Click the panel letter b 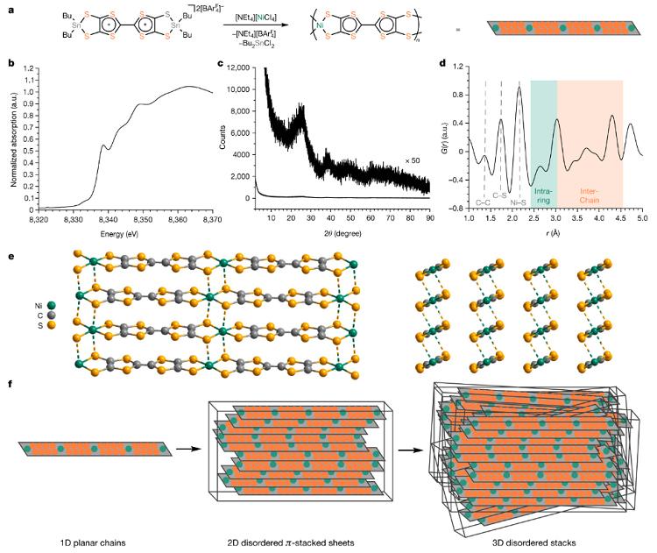click(x=11, y=64)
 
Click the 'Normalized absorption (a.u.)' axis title click(x=13, y=139)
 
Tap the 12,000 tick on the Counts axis click(x=238, y=67)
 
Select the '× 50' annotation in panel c click(x=413, y=160)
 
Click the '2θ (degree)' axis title click(x=343, y=233)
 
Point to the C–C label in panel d click(x=483, y=202)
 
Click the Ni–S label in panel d click(x=518, y=202)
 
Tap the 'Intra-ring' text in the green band click(x=543, y=195)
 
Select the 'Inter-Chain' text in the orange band click(x=590, y=195)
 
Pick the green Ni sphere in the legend click(x=51, y=306)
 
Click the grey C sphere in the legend click(x=51, y=315)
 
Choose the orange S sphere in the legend click(x=51, y=325)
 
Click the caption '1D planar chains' click(x=93, y=543)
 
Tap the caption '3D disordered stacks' click(x=533, y=543)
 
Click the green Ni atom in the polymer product click(x=320, y=25)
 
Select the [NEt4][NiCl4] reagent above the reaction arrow click(x=256, y=18)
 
